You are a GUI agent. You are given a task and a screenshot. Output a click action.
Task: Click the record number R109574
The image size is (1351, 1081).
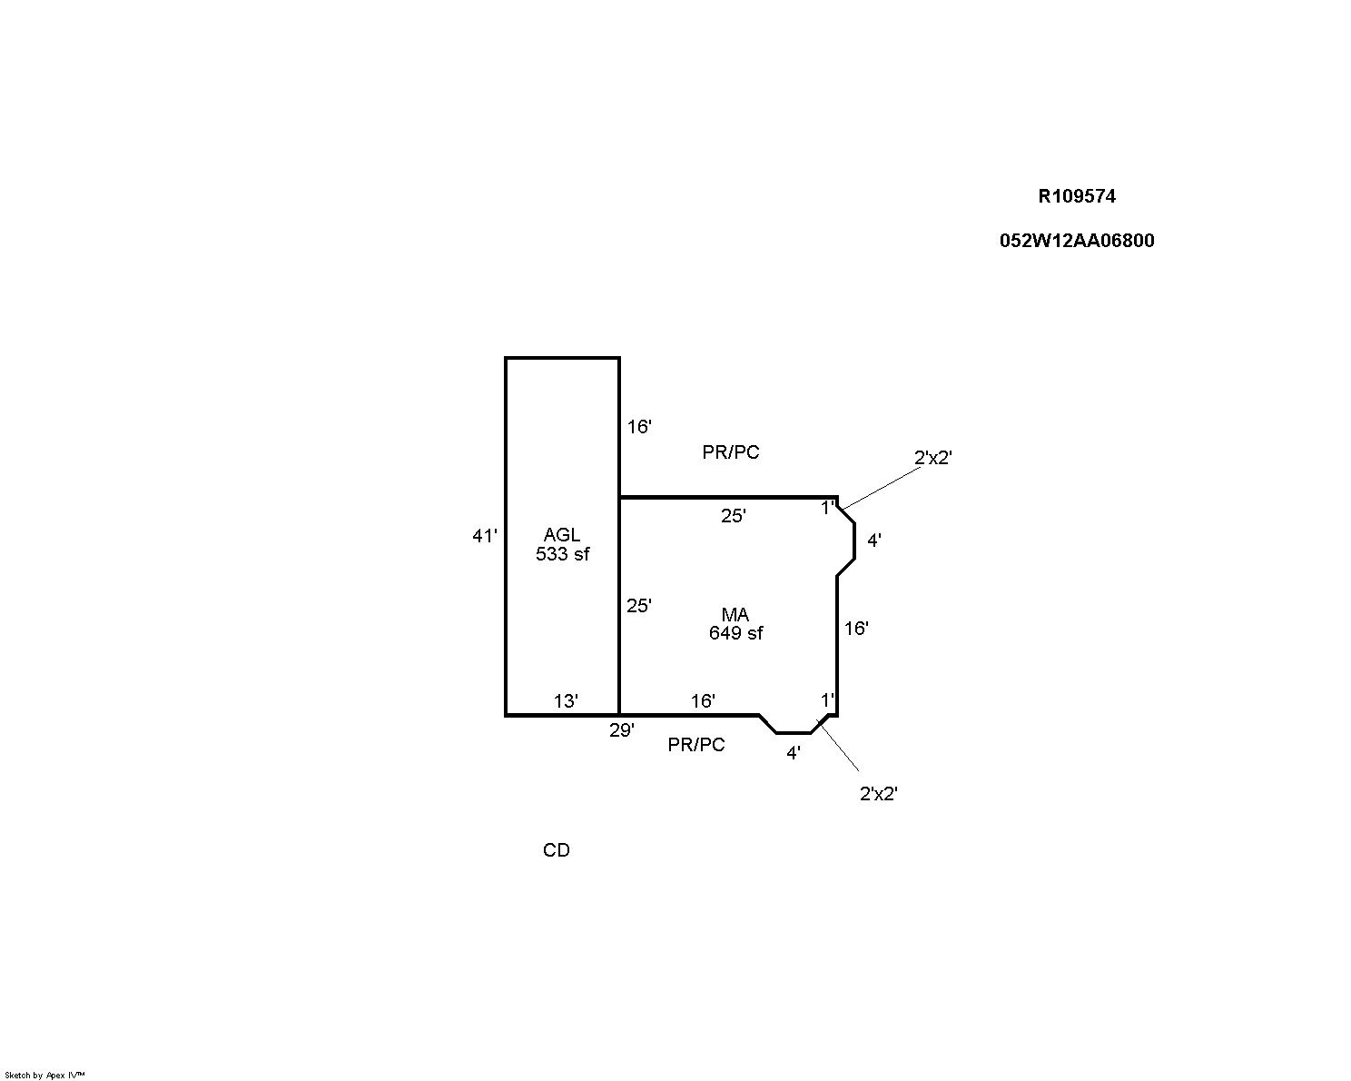(x=1077, y=196)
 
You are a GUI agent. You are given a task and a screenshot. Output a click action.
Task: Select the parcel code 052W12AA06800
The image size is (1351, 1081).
(x=1077, y=241)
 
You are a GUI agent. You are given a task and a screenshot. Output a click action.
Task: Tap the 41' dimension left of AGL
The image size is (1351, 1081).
(x=485, y=536)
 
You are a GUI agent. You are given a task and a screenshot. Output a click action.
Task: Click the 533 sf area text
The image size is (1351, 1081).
(x=563, y=554)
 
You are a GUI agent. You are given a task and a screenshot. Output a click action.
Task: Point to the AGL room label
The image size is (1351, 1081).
(x=562, y=534)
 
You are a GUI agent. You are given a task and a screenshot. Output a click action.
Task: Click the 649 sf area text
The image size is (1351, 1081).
(x=735, y=633)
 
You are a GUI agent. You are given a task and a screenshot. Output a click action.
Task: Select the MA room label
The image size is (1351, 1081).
(x=735, y=614)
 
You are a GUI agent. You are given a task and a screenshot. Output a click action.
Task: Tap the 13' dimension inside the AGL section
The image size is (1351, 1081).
(x=566, y=701)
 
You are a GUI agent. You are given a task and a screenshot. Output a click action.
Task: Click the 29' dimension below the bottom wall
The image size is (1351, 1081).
(x=622, y=730)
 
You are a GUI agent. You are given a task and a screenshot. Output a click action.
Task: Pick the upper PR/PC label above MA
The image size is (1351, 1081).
(x=731, y=452)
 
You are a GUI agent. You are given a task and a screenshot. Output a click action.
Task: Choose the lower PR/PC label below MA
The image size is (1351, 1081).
(x=696, y=745)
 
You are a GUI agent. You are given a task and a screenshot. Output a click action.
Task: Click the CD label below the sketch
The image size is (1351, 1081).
(x=557, y=850)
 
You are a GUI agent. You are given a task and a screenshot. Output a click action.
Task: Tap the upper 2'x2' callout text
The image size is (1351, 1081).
(x=932, y=458)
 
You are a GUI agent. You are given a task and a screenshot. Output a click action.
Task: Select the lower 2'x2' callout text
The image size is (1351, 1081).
(x=878, y=794)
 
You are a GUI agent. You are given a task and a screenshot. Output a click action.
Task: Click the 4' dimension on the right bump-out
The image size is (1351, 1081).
(x=873, y=540)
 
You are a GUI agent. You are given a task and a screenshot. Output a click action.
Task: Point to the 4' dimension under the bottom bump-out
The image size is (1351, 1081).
(x=794, y=753)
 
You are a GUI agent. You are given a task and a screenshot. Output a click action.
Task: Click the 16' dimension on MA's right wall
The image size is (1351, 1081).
(x=856, y=629)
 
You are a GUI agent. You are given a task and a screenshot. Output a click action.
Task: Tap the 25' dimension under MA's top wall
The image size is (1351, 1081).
(x=734, y=516)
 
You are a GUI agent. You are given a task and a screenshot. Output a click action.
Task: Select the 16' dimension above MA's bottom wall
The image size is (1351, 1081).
(x=703, y=701)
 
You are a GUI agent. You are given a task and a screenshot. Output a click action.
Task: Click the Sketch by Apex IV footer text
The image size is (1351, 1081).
(x=44, y=1076)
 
